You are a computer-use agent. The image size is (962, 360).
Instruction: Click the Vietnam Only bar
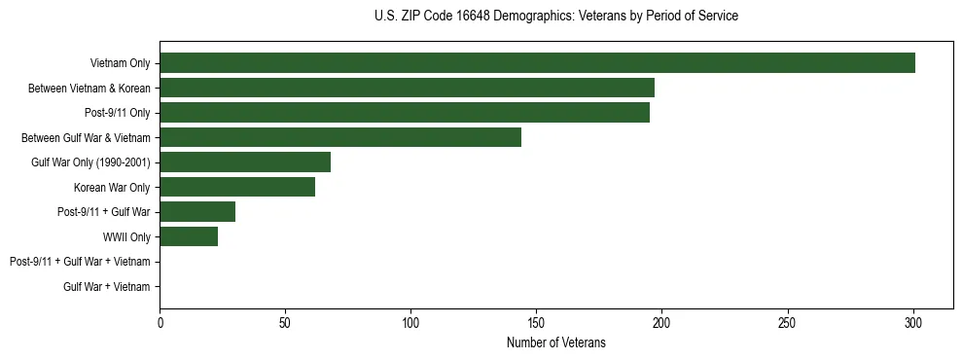pyautogui.click(x=537, y=63)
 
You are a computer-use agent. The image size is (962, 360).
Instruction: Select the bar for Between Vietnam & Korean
pyautogui.click(x=407, y=88)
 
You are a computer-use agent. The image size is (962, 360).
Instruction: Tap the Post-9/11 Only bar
pyautogui.click(x=405, y=113)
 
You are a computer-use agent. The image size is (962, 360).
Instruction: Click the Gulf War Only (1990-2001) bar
pyautogui.click(x=245, y=162)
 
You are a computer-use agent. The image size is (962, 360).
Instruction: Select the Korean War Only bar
pyautogui.click(x=237, y=187)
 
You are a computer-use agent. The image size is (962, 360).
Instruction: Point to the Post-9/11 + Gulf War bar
pyautogui.click(x=197, y=212)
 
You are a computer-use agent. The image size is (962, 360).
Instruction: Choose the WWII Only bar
pyautogui.click(x=189, y=236)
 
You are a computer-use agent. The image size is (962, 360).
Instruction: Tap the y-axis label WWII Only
pyautogui.click(x=126, y=237)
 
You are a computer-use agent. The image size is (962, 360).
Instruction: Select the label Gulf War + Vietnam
pyautogui.click(x=106, y=287)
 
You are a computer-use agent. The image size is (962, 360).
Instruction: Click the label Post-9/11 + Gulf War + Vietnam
pyautogui.click(x=80, y=262)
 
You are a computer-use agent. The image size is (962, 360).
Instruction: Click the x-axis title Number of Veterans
pyautogui.click(x=555, y=342)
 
